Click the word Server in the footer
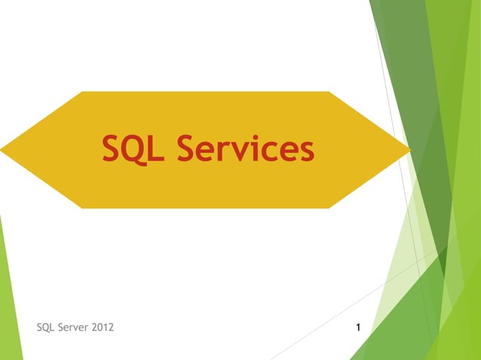(x=76, y=328)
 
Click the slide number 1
(x=357, y=328)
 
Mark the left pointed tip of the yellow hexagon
(x=2, y=150)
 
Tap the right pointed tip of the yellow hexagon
(x=409, y=150)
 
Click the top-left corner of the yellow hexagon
(x=81, y=92)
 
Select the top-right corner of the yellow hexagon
(x=329, y=92)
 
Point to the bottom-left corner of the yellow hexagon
(x=81, y=208)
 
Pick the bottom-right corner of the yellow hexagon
(x=329, y=208)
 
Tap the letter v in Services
(x=248, y=152)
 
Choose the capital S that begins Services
(x=188, y=149)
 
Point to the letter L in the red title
(x=156, y=149)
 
